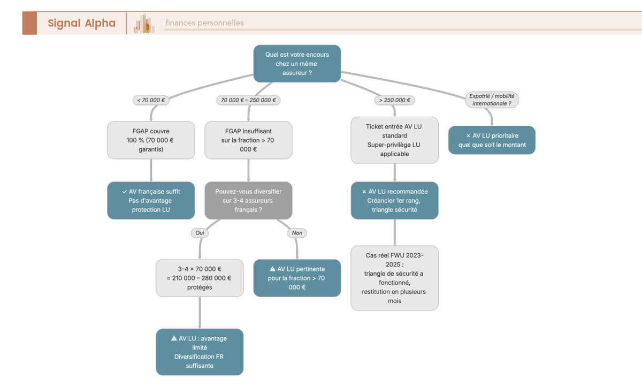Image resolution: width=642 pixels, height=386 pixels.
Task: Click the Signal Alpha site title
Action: coord(81,23)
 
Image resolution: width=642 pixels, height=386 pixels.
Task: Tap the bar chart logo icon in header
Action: coord(144,24)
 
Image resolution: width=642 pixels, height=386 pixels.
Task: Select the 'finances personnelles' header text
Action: coord(204,23)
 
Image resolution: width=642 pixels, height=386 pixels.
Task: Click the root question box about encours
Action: coord(297,64)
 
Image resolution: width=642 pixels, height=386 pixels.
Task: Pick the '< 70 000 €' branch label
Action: coord(150,100)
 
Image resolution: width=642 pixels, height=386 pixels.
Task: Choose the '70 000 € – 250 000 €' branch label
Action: coord(249,100)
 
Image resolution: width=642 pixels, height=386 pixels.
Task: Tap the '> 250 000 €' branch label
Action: coord(395,100)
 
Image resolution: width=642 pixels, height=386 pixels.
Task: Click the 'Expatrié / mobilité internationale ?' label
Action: coord(492,100)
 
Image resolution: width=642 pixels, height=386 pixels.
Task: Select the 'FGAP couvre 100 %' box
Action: coord(151,140)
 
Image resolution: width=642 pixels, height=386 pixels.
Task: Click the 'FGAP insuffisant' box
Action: coord(248,140)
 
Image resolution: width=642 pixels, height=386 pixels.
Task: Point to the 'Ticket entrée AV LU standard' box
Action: coord(394,140)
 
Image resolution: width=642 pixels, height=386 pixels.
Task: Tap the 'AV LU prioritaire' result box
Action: coord(492,140)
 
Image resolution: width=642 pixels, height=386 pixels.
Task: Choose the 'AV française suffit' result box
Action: coord(151,201)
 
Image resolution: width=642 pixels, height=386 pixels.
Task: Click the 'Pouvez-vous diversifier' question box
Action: coord(248,201)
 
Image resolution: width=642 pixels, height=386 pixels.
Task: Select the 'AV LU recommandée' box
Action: coord(394,201)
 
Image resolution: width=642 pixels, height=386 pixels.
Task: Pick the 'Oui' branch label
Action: coord(200,233)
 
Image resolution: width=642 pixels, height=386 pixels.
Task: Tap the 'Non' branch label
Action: coord(297,233)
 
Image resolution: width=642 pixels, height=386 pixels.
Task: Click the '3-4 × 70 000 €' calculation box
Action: coord(200,278)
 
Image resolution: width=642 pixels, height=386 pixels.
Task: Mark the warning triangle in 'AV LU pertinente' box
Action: coord(272,269)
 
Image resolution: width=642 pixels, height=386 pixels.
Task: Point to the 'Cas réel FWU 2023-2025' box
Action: coord(394,278)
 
